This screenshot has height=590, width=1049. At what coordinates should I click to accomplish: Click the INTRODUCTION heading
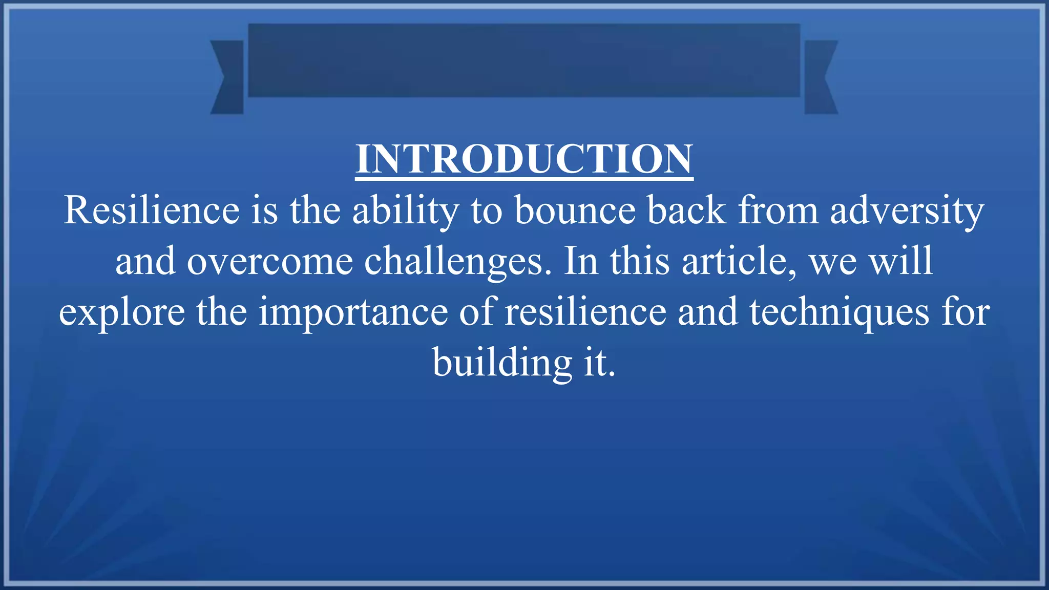click(524, 159)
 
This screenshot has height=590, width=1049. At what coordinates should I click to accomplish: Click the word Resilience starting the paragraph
click(152, 210)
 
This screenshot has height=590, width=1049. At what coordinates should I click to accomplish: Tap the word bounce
click(575, 210)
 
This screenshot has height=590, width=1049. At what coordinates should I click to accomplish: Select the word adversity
click(907, 210)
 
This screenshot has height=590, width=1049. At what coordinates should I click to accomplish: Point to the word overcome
click(269, 261)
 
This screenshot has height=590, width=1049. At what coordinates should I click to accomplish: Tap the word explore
click(122, 312)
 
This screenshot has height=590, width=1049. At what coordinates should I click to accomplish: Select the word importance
click(353, 312)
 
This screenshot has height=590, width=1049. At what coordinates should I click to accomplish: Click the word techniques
click(839, 312)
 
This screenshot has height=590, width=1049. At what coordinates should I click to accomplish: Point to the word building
click(502, 363)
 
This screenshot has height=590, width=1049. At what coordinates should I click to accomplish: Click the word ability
click(406, 210)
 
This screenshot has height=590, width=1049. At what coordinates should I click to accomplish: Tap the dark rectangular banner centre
click(524, 60)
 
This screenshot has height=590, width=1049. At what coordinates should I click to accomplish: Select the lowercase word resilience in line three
click(585, 312)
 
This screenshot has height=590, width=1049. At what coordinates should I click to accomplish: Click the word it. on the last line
click(599, 363)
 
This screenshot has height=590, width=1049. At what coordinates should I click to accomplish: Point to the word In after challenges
click(581, 261)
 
